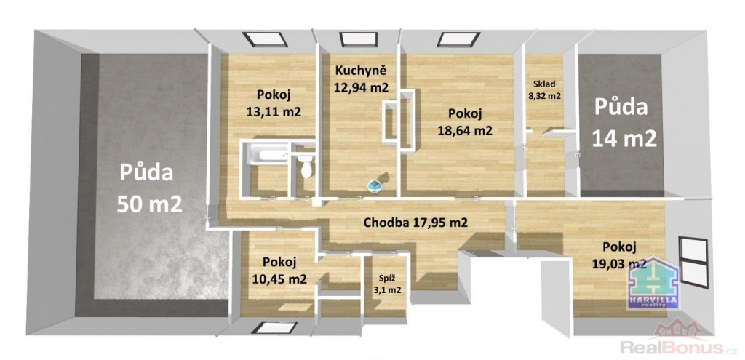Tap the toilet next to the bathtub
306,168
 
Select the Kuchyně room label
361,71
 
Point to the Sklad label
543,84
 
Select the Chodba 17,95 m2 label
415,223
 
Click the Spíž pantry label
386,278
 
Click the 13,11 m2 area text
274,111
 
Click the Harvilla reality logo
653,282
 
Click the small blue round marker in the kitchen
376,185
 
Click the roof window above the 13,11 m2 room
265,39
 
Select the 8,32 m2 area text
544,95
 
